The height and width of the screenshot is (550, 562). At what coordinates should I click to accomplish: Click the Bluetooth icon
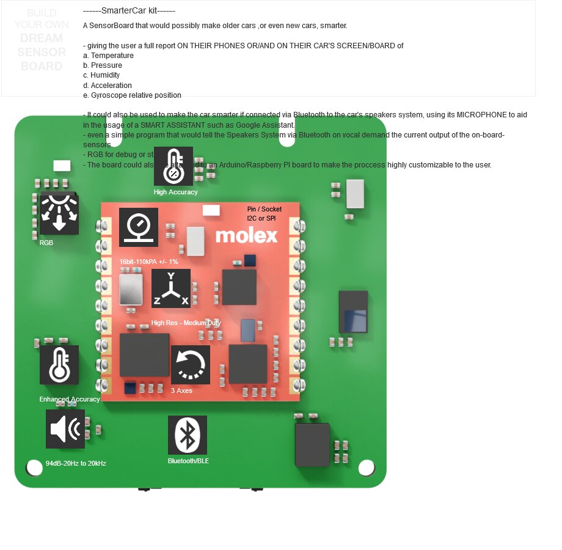188,435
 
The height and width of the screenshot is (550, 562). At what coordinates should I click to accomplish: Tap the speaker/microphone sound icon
65,429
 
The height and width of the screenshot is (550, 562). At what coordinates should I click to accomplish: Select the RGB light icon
59,215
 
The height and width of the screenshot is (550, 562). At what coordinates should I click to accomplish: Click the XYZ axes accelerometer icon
171,288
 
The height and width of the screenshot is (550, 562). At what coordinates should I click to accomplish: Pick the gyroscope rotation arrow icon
191,365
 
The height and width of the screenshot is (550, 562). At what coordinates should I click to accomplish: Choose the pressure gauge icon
139,227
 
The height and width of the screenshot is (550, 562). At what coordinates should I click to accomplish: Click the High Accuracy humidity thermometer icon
173,166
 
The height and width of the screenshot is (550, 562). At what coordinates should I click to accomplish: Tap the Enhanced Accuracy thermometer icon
59,365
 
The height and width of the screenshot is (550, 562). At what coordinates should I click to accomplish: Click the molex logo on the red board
246,235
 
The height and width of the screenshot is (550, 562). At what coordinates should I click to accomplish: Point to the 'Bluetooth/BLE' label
188,461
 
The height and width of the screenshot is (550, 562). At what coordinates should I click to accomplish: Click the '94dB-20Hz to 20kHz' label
76,463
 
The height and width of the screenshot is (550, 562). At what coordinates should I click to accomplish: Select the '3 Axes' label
181,391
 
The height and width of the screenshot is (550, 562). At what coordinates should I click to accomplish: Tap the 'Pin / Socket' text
265,209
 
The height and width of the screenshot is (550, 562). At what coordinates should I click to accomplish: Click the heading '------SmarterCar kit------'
129,11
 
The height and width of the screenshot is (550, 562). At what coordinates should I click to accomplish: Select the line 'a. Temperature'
108,56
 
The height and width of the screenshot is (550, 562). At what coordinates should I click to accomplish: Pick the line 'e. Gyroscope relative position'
132,95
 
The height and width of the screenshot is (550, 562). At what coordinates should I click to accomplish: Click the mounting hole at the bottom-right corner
366,468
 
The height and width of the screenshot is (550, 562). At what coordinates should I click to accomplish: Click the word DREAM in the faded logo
42,38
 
